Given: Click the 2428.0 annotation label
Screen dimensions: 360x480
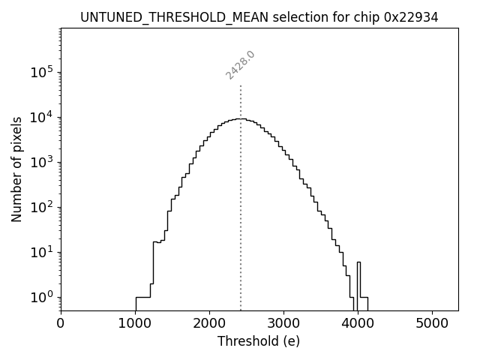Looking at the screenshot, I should [x=241, y=65].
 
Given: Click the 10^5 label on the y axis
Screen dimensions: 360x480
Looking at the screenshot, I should [x=41, y=73].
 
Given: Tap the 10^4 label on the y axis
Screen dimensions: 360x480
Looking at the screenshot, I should [x=41, y=118].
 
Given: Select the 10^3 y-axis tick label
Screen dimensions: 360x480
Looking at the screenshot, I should [x=41, y=163].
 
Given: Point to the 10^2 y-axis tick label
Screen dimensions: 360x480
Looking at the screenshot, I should [x=41, y=208].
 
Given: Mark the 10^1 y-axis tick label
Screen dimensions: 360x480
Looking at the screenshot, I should [x=41, y=253].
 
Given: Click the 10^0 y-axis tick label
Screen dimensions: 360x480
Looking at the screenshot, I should [x=41, y=298].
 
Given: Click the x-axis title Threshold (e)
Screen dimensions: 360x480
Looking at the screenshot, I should [x=259, y=341].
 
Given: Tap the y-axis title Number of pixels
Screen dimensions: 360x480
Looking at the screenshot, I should [x=16, y=169].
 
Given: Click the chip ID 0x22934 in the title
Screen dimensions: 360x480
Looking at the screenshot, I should [x=412, y=17].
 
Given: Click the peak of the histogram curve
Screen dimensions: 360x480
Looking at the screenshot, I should [x=240, y=118].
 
